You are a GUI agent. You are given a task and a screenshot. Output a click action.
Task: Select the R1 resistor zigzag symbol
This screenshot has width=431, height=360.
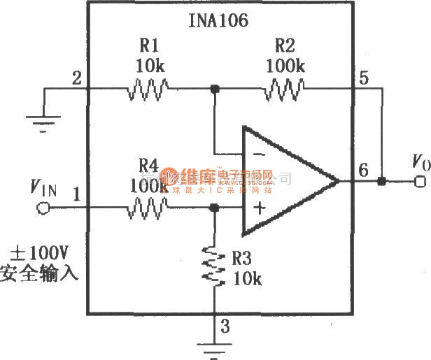(x=147, y=89)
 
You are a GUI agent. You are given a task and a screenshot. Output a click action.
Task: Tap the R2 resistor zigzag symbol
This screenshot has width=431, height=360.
(x=283, y=89)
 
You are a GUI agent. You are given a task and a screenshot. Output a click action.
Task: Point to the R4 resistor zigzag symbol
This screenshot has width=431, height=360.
(x=147, y=207)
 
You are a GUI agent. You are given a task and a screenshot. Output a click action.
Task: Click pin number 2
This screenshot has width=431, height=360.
(x=76, y=78)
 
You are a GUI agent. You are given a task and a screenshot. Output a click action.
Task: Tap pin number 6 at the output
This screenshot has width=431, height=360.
(x=362, y=170)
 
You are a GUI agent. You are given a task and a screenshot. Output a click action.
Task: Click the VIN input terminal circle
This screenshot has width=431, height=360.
(x=41, y=208)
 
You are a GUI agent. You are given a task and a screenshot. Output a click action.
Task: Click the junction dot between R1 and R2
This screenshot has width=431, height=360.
(x=215, y=89)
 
